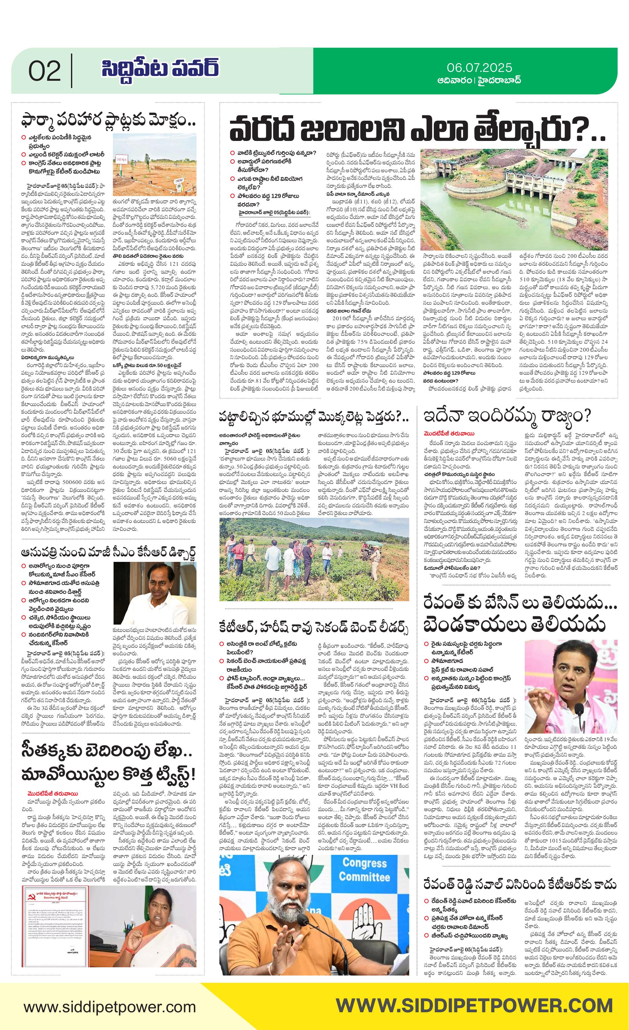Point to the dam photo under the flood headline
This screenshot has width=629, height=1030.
(x=514, y=200)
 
